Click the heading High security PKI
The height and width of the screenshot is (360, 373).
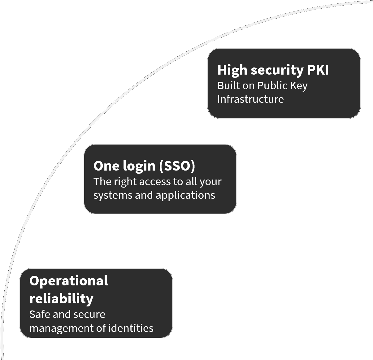(273, 70)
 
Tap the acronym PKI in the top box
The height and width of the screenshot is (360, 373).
(318, 70)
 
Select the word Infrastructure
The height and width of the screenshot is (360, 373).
(250, 99)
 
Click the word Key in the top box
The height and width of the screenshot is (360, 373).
(299, 86)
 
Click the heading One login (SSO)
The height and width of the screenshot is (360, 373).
(144, 166)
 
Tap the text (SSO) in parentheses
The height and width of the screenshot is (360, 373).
(177, 166)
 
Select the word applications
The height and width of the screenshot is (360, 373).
(185, 195)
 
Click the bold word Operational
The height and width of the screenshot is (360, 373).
(68, 281)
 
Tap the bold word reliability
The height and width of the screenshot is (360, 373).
(61, 298)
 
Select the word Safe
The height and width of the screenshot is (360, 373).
(40, 314)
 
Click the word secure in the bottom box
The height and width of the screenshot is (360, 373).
(91, 314)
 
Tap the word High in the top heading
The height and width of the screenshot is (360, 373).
(232, 70)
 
